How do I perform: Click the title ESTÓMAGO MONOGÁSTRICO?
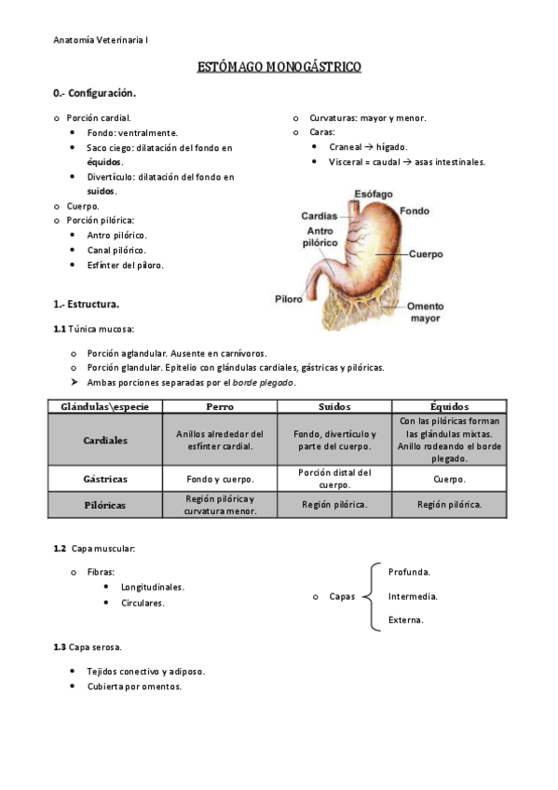point(279,67)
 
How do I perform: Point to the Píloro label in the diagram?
point(289,299)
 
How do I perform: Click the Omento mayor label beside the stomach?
point(426,312)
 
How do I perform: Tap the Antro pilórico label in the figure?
point(319,236)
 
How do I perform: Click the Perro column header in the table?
point(220,407)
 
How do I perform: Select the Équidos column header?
point(450,407)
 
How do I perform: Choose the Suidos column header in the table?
point(334,407)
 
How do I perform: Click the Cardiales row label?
point(105,440)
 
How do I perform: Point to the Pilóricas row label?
point(105,505)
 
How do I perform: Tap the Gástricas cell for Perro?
point(220,479)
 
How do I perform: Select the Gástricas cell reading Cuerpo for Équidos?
point(450,479)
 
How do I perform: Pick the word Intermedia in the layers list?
point(413,596)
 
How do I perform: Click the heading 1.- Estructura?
point(87,304)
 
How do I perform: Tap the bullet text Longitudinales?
point(153,587)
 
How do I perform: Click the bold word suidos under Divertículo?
point(101,190)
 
